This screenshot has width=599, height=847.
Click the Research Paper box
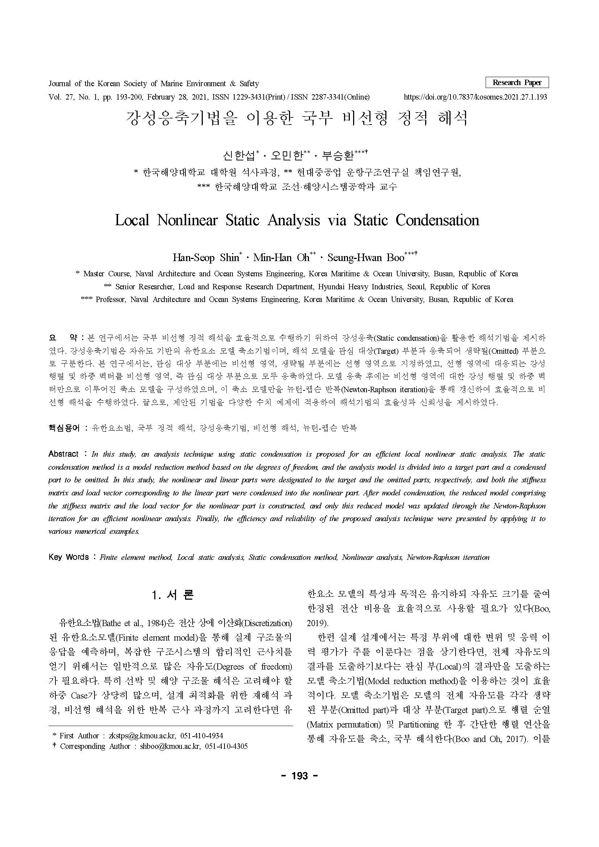517,82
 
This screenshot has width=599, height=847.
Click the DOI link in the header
476,97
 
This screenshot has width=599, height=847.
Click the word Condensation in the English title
437,220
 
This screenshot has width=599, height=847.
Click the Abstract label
63,454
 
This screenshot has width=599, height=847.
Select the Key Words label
68,557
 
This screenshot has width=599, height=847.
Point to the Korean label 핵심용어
64,428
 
